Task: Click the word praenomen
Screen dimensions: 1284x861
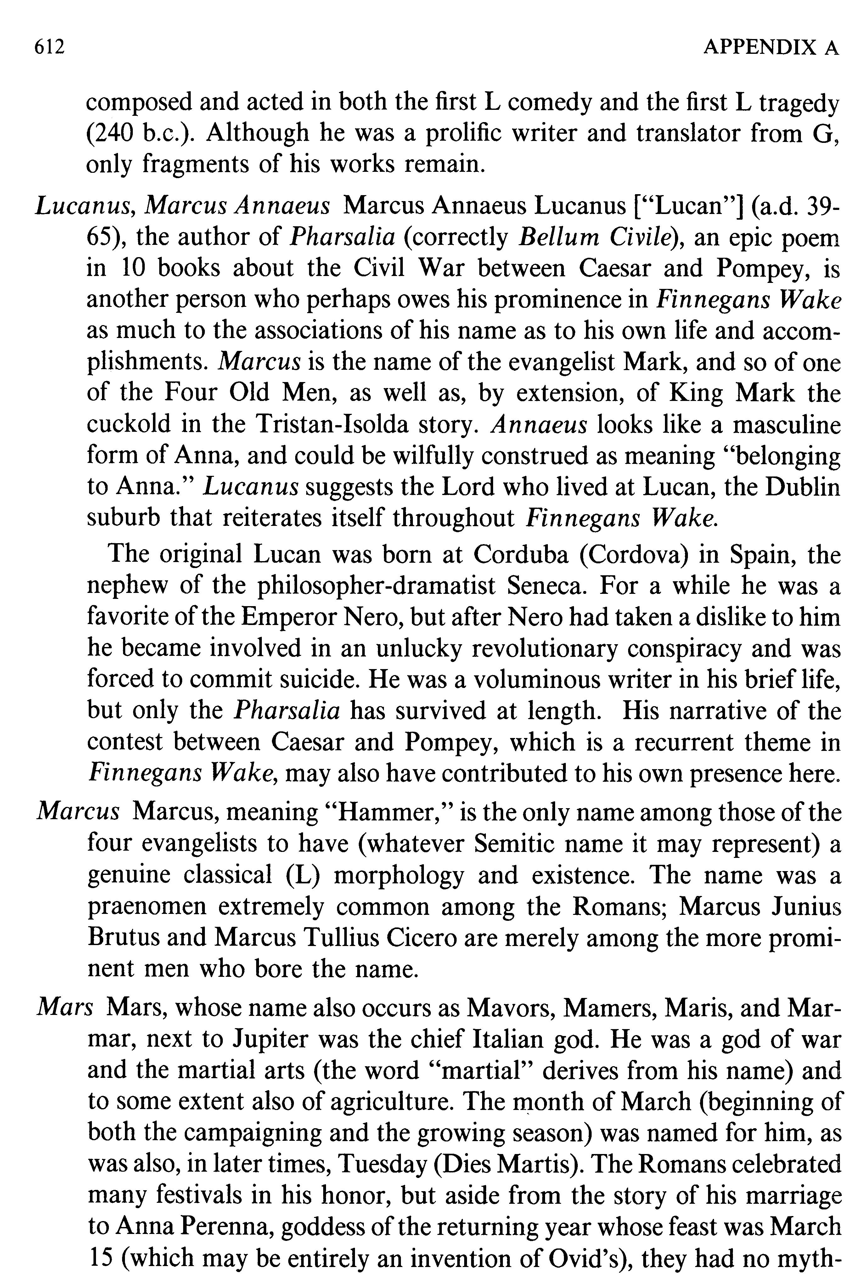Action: point(147,906)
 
